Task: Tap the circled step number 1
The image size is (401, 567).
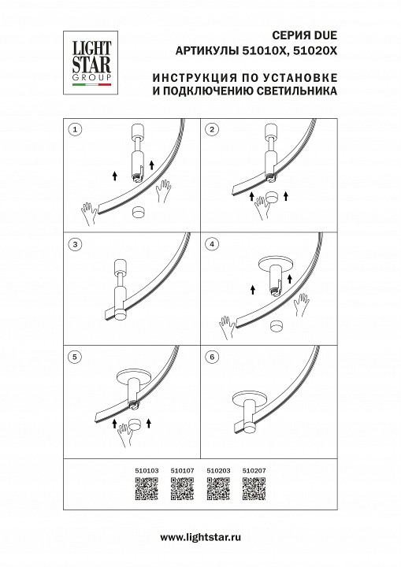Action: (75, 128)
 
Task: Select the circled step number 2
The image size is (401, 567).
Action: (212, 128)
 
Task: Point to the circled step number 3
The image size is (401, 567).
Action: (75, 244)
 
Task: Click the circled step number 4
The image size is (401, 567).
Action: (212, 244)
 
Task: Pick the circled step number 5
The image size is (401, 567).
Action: (75, 357)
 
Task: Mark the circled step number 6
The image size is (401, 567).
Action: (212, 357)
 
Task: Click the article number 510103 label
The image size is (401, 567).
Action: (147, 470)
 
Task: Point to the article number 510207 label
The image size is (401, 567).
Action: (253, 470)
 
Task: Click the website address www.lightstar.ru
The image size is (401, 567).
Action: (200, 537)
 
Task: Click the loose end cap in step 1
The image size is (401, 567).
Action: (139, 211)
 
